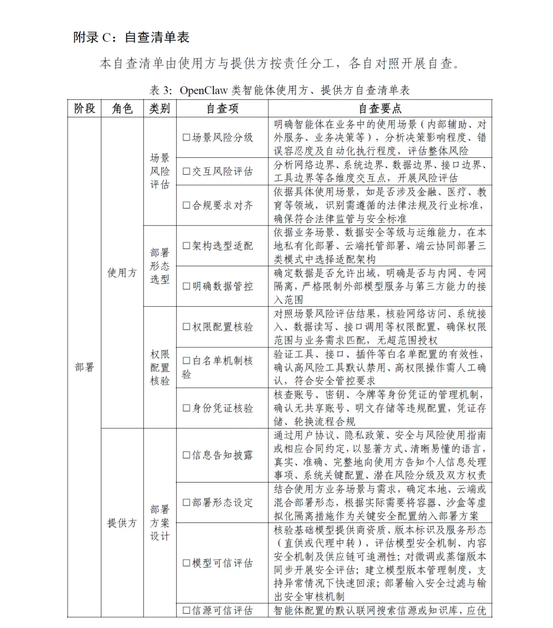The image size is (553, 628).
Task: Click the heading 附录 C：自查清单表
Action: point(132,37)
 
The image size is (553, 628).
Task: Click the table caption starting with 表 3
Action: point(279,91)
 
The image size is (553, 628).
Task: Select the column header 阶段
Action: point(84,109)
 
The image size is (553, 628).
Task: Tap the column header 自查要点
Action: point(379,109)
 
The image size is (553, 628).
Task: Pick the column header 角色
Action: point(122,109)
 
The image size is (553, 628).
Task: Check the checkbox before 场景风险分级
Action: point(186,138)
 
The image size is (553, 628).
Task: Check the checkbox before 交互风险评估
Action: point(186,172)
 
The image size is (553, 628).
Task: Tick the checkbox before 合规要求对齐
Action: point(186,205)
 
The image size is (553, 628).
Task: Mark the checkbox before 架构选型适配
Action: point(186,246)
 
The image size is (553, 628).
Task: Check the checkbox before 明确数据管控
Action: point(186,286)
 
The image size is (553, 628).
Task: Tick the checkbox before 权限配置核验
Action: point(186,327)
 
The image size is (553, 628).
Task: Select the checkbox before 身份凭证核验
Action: point(186,408)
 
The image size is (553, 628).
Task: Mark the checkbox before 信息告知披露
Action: point(186,455)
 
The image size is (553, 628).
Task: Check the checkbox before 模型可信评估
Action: point(186,563)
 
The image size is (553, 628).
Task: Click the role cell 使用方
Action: point(122,273)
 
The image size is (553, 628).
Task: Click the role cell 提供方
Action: point(122,523)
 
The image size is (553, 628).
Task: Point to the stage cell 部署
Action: point(84,367)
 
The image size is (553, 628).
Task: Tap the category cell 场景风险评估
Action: point(159,171)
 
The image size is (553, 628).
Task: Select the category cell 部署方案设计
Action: point(159,522)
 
